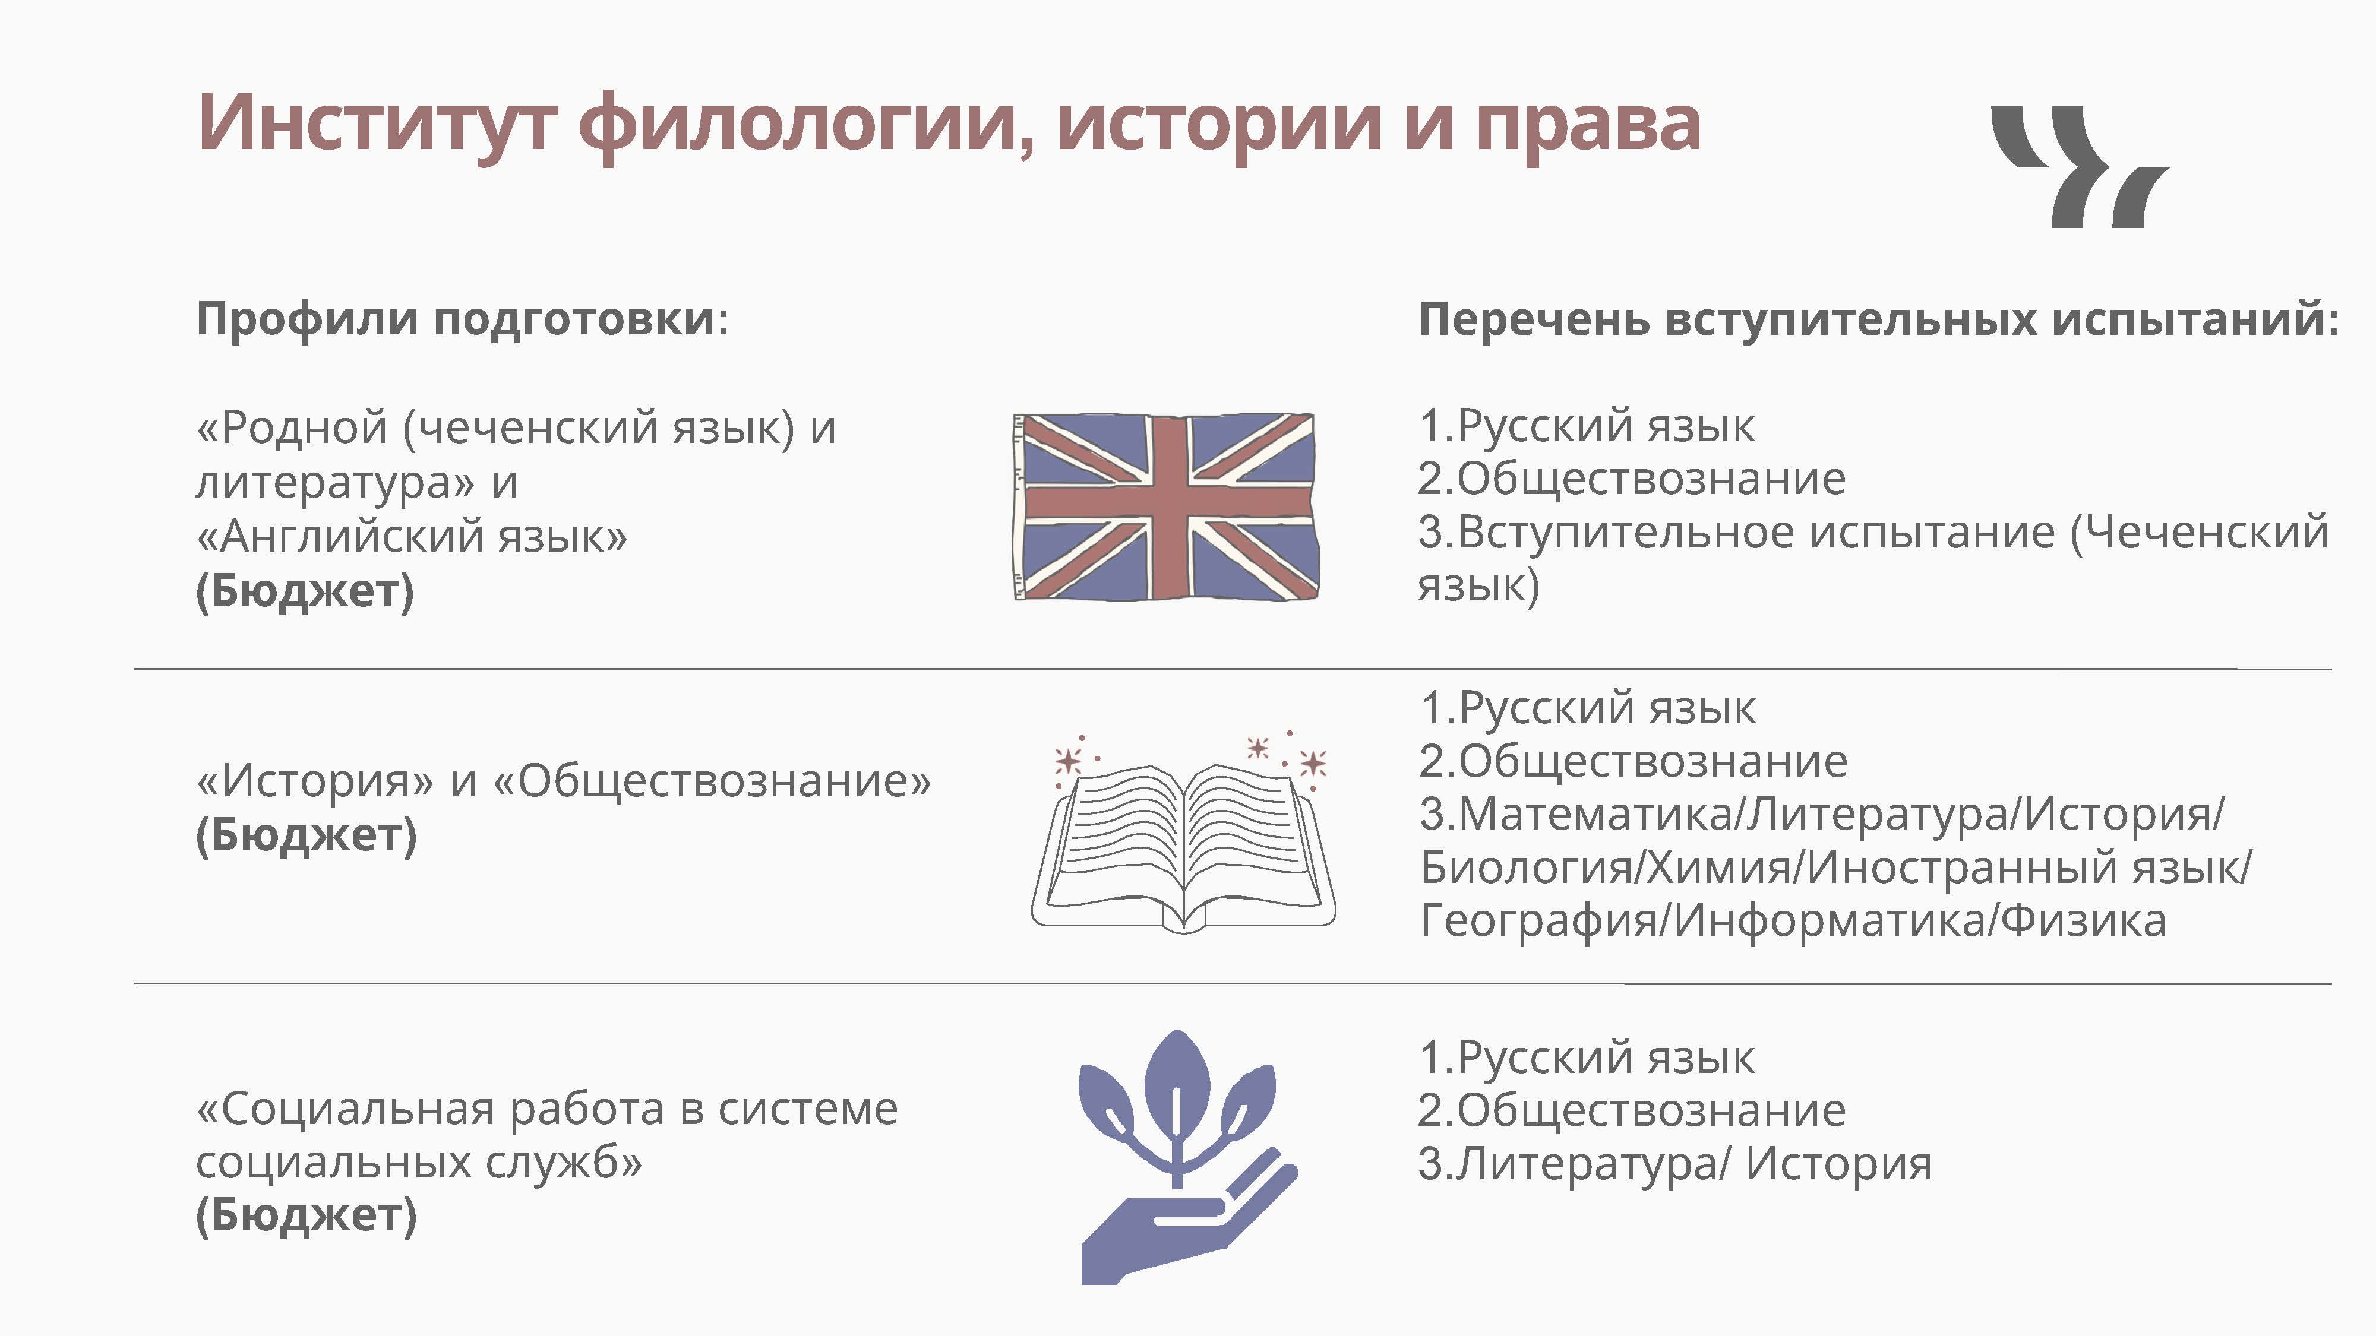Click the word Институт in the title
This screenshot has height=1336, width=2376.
(x=377, y=123)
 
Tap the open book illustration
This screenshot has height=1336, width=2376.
(x=1183, y=832)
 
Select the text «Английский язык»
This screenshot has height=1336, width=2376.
(x=412, y=536)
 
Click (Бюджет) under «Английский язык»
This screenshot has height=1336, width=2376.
(x=305, y=591)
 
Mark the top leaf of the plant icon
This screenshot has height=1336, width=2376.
(x=1176, y=1079)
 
